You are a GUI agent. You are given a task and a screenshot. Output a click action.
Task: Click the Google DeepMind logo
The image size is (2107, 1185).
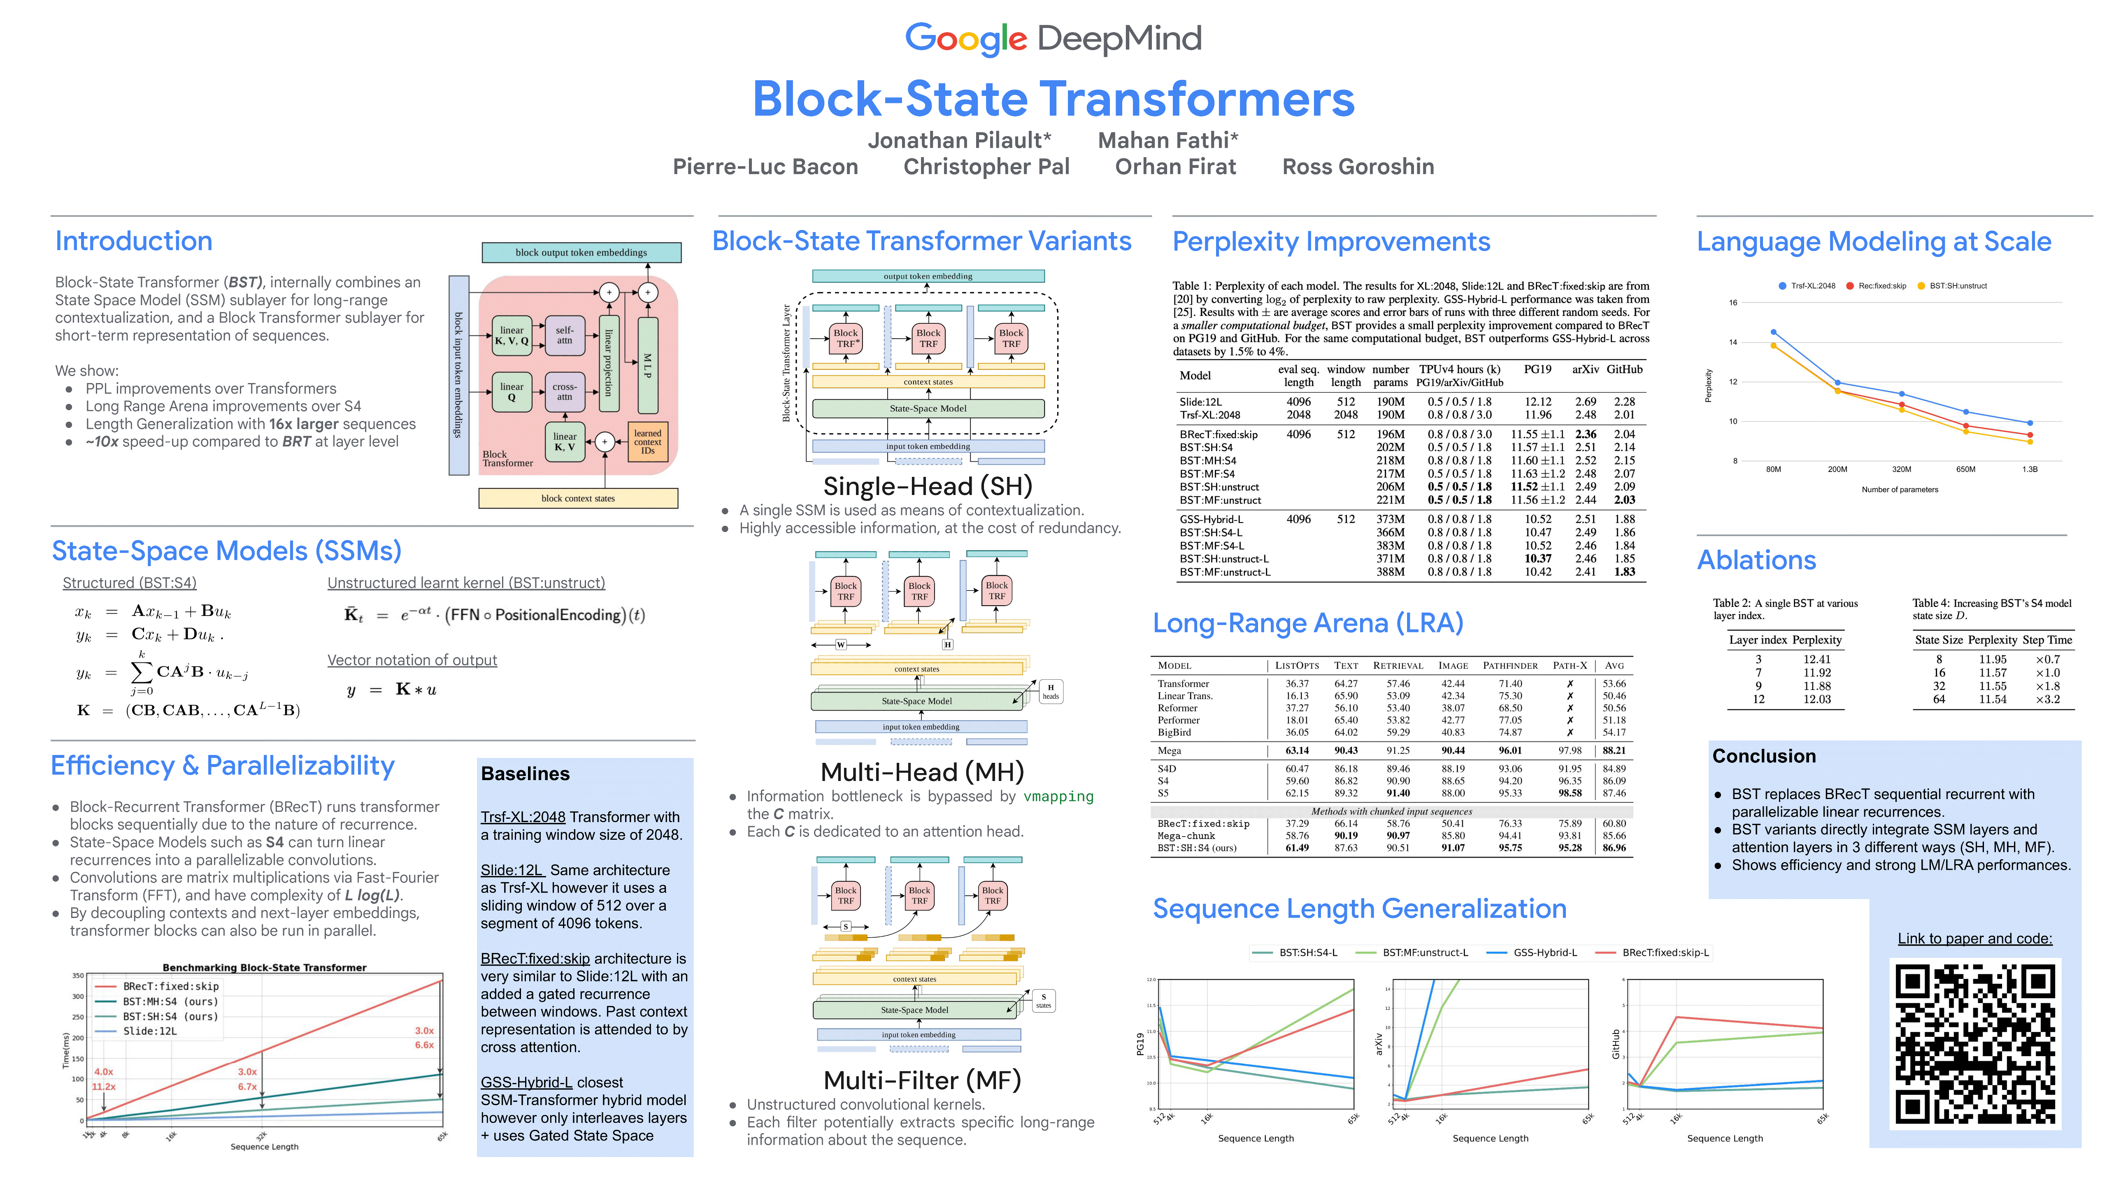(x=1053, y=38)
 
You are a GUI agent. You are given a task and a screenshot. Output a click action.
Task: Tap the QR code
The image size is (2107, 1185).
(x=1974, y=1043)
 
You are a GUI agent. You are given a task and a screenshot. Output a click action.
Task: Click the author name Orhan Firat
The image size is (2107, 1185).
(x=1175, y=167)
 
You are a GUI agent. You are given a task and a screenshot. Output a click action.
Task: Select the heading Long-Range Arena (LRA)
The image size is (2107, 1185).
(x=1307, y=623)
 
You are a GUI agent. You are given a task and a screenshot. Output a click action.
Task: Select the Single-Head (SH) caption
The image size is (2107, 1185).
(x=928, y=487)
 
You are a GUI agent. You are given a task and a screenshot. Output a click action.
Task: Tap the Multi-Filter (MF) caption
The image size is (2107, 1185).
(x=922, y=1080)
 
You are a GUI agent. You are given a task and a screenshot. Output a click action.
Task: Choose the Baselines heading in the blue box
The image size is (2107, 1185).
(x=525, y=774)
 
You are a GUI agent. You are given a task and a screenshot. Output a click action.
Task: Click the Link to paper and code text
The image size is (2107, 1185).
(x=1974, y=939)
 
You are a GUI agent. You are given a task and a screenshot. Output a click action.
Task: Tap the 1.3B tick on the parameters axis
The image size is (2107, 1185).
(x=2029, y=469)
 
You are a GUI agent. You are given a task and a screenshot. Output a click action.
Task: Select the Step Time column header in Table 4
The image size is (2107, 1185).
(x=2047, y=640)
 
